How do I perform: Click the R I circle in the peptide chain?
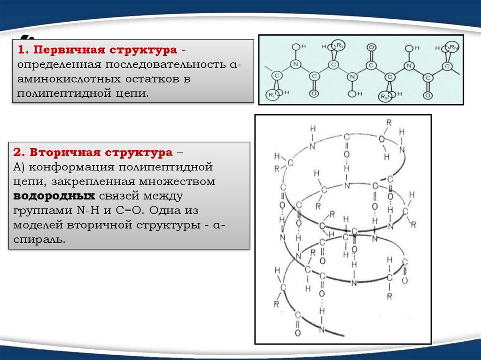[273, 95]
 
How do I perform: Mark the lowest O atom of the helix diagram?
[297, 333]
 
